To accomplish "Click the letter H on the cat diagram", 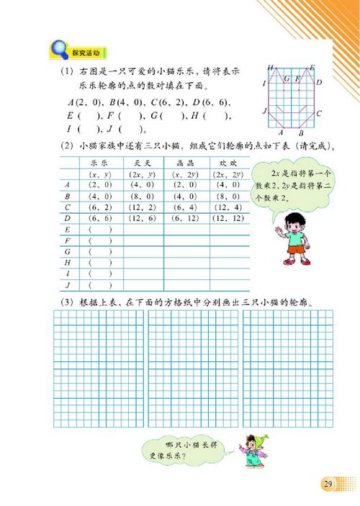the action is pos(269,68).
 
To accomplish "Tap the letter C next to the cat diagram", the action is pos(319,113).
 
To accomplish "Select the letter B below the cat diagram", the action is pos(301,133).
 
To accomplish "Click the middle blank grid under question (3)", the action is pos(189,367).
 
